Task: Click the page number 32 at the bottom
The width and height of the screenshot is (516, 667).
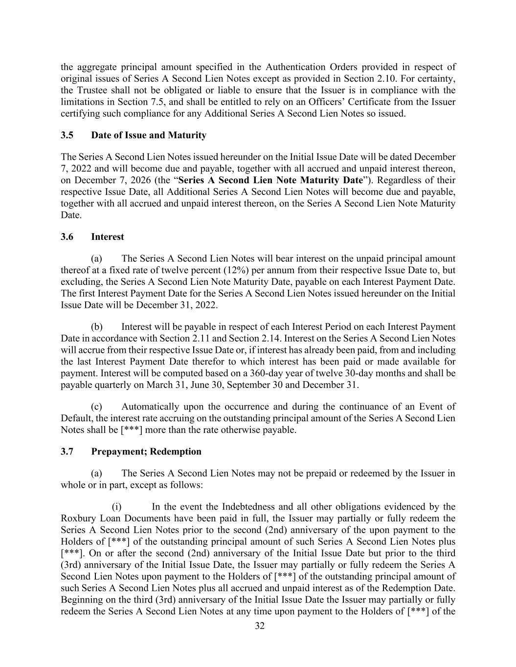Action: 260,626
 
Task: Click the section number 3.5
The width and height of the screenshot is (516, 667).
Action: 67,135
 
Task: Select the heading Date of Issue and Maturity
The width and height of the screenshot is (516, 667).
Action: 149,135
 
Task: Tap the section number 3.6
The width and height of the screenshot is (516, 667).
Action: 67,237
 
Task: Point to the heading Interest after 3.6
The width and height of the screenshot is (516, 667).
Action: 108,237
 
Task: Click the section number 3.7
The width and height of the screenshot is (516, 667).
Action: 67,452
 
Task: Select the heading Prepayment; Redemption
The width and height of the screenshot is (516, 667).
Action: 146,452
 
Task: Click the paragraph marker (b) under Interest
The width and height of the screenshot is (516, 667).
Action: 96,327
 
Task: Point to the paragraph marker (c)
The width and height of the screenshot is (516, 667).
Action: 96,407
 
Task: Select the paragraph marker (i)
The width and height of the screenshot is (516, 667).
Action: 117,507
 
